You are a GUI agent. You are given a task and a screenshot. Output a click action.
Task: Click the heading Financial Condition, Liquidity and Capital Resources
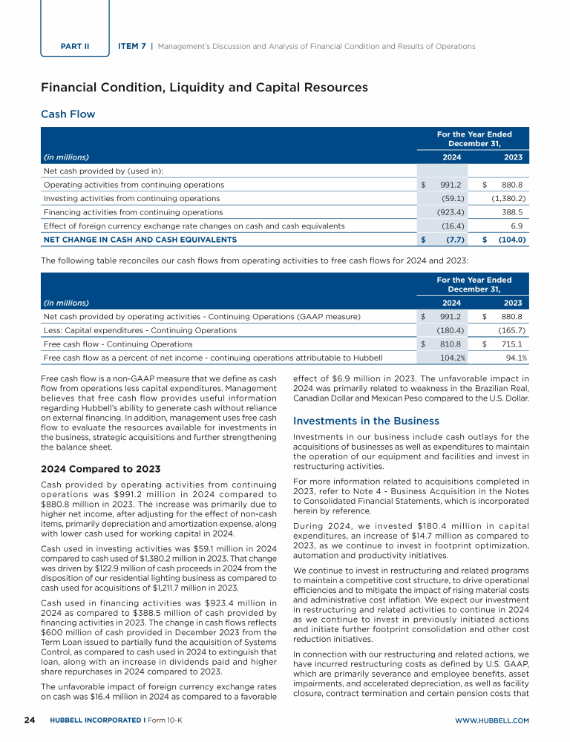click(204, 88)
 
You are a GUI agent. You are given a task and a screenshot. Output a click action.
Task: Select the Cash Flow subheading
click(68, 114)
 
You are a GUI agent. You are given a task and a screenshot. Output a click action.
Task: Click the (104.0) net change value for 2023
click(511, 240)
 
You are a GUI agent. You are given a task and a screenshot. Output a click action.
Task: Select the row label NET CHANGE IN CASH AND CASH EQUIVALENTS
click(140, 240)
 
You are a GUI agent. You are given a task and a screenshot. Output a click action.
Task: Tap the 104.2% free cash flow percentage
click(453, 358)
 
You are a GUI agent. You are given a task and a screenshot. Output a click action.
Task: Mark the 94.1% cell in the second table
click(514, 358)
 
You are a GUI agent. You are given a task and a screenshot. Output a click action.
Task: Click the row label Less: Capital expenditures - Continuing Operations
click(140, 330)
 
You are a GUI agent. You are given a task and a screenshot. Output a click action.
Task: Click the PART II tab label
click(74, 46)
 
